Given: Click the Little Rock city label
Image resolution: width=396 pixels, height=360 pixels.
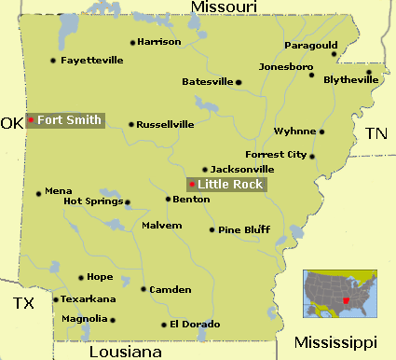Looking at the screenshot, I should coord(232,185).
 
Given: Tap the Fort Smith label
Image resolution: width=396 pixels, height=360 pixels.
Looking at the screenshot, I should coord(69,120).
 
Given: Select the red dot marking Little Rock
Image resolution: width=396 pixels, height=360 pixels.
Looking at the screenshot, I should coord(192,185).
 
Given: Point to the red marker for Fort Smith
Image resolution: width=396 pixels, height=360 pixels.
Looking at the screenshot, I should coord(31,120).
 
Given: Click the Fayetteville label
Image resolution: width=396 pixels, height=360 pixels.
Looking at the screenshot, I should coord(91,60).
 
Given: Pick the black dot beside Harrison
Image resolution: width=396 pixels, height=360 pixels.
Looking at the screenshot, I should coord(132,42).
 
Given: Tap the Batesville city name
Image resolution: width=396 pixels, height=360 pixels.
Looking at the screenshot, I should coord(206,82).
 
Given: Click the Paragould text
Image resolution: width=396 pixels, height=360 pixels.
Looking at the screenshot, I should coord(311,45).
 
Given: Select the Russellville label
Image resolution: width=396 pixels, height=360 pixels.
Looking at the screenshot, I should coord(166,123).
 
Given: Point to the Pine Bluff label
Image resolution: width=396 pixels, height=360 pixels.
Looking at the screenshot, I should coord(244,228).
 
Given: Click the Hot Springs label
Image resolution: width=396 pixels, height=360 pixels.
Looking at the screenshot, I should coord(92,201).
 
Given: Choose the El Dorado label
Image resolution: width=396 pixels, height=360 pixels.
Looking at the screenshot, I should coord(195,324).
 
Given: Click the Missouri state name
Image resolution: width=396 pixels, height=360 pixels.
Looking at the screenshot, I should coord(224,7).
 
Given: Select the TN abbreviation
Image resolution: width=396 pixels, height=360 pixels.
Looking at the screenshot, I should coord(376,133).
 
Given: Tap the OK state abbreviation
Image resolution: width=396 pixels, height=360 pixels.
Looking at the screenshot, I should coord(11,123).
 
